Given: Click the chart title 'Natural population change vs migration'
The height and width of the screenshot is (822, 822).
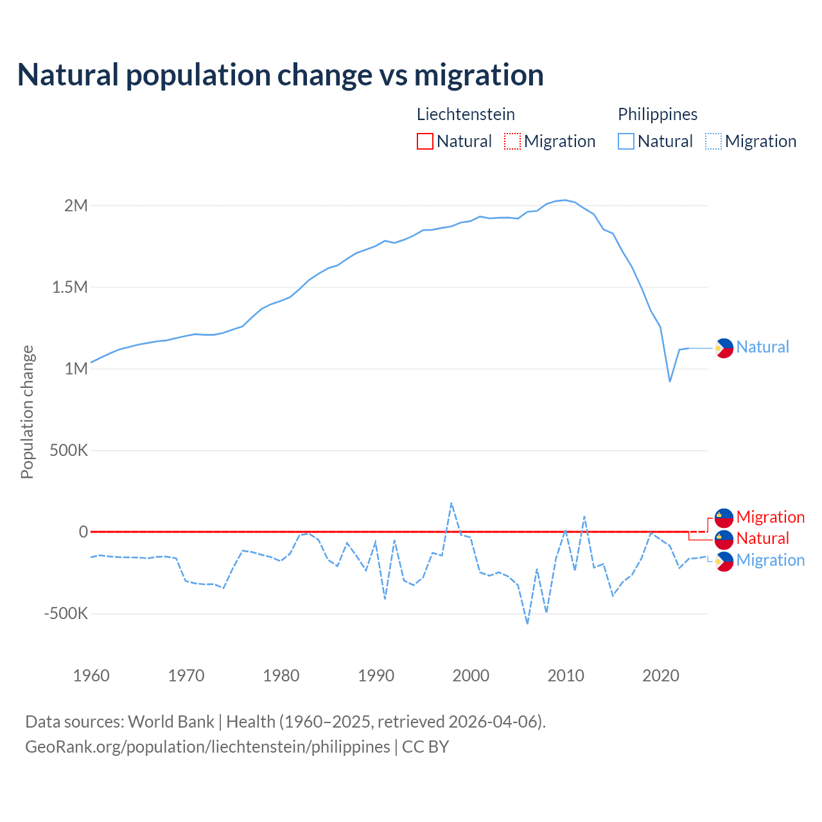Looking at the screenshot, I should pos(281,75).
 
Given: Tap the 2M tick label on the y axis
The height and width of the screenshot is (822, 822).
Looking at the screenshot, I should pos(76,205).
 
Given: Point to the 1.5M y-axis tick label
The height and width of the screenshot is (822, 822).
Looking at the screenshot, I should pos(70,287).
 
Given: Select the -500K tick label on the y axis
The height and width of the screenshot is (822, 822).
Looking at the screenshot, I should pos(66,613).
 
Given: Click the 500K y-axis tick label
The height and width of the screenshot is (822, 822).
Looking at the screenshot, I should pos(69,450).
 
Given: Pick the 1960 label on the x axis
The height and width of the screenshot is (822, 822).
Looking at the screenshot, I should pos(91,676).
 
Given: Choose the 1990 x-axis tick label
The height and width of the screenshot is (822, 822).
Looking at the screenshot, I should pos(376,676).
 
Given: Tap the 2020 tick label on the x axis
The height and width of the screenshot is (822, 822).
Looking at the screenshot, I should pos(661,676).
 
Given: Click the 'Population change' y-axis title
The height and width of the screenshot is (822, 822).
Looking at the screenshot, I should pos(27,412).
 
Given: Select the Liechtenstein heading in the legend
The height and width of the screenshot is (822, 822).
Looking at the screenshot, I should pos(466,114).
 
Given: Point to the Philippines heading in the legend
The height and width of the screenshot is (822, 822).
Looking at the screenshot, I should pos(658,114).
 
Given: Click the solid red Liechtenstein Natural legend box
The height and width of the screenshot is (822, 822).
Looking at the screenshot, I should pos(425,141).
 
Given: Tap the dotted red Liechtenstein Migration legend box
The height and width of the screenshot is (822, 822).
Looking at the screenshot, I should pos(512,141).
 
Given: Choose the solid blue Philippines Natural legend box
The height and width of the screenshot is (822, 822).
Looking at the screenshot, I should pos(626,141).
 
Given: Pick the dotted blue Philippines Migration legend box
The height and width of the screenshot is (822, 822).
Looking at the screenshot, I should pos(713,141).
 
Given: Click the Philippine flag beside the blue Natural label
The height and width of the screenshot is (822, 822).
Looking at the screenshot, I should pos(724,348).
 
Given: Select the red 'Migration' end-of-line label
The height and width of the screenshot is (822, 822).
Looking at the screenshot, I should pos(770,517).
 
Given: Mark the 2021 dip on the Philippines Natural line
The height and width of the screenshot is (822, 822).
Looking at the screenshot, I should pos(670,381).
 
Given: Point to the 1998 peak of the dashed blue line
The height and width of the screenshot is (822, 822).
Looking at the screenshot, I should pos(451,503).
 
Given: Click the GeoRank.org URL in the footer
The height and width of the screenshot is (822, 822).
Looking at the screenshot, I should pos(207,747).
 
